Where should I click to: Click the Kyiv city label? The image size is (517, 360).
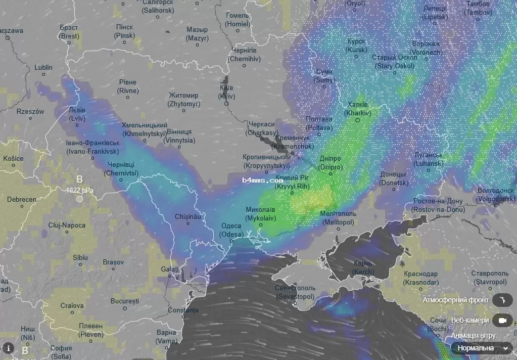click(x=226, y=92)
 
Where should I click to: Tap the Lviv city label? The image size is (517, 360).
click(x=77, y=114)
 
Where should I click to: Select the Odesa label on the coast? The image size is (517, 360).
click(x=231, y=230)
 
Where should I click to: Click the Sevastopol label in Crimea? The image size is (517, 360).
click(x=294, y=292)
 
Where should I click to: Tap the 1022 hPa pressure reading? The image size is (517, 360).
click(x=79, y=191)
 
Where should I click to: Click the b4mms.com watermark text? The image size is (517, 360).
click(x=262, y=180)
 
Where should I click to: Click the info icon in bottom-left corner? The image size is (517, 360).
click(x=8, y=348)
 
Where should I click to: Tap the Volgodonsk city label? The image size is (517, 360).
click(x=495, y=194)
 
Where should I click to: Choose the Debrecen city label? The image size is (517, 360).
click(x=21, y=199)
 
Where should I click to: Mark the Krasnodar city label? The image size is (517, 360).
click(x=421, y=278)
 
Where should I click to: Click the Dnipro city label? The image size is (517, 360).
click(x=331, y=163)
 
